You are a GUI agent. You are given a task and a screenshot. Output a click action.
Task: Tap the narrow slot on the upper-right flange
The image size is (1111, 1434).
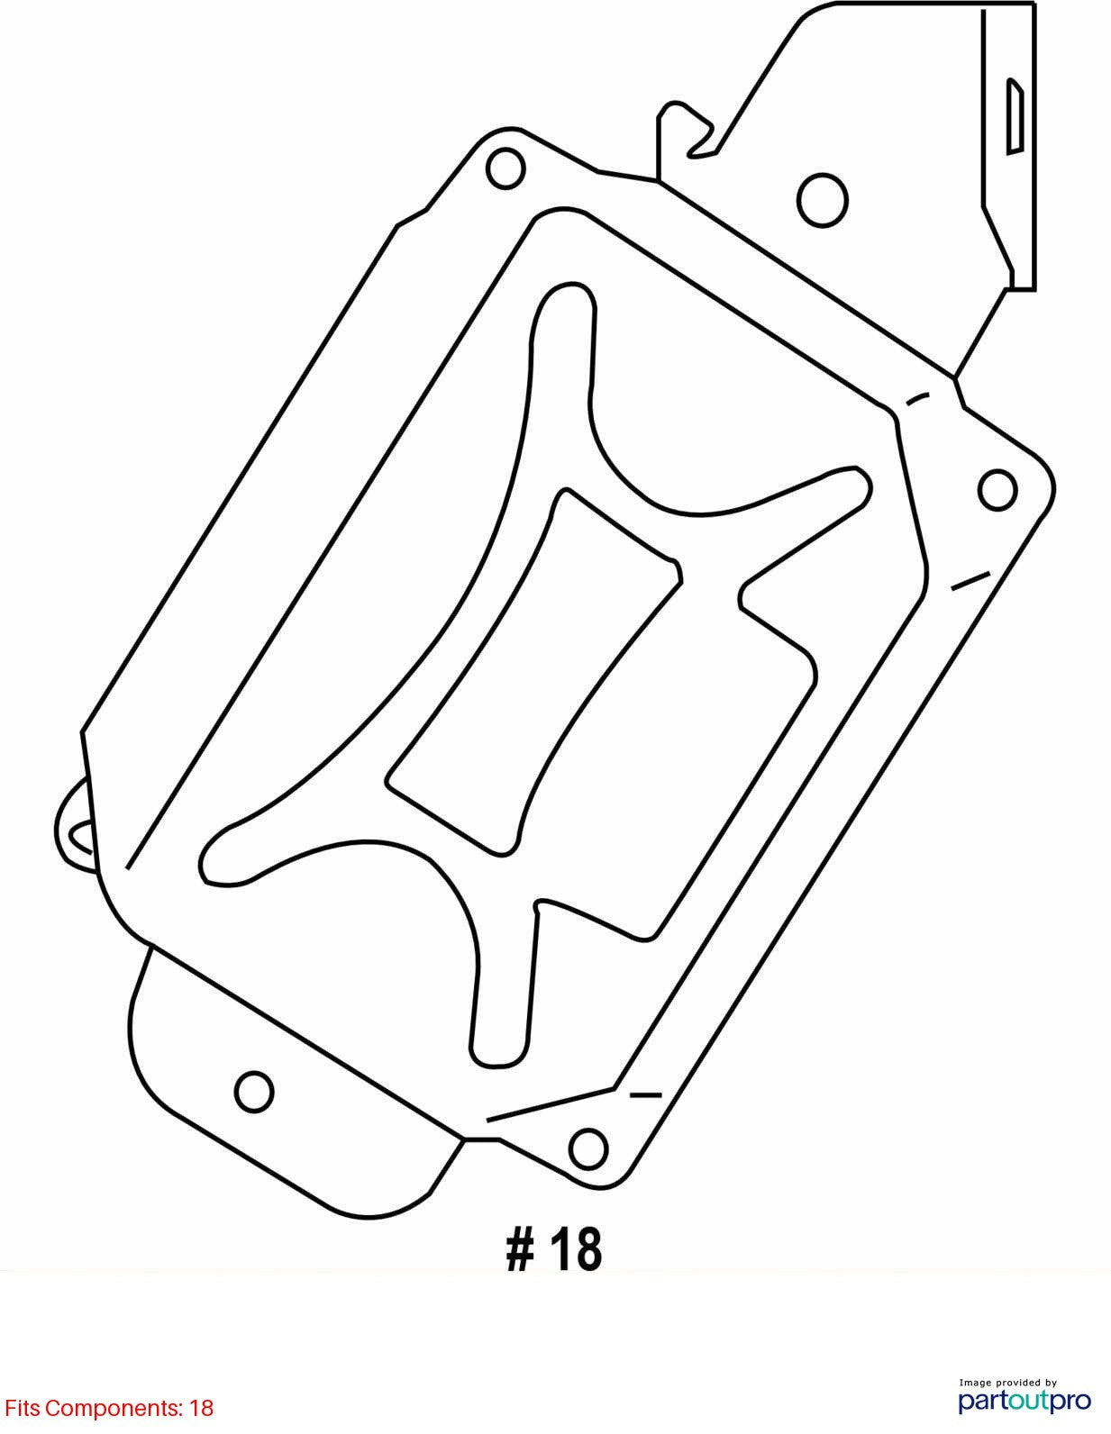pos(1015,116)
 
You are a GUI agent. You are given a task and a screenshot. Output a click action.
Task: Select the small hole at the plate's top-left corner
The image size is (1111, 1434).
pos(505,168)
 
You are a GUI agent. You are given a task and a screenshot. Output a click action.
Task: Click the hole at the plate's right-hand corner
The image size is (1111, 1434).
pos(997,490)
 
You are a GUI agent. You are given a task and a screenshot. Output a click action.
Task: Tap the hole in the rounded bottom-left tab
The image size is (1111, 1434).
pos(254,1092)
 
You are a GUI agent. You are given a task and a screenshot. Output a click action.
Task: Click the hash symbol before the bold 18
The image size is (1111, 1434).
pos(520,1249)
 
